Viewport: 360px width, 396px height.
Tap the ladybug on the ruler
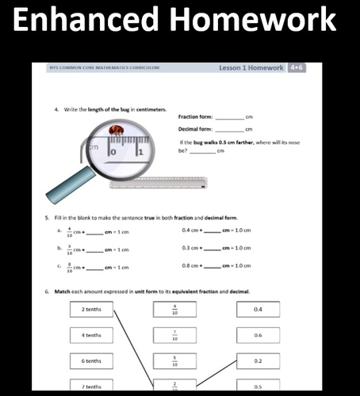(117, 129)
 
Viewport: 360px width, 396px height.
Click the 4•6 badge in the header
(297, 68)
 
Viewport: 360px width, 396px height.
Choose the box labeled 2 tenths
(90, 309)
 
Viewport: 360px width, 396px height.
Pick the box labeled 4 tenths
(90, 335)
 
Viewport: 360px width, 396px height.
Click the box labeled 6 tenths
(90, 360)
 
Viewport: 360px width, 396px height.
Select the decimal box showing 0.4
(258, 309)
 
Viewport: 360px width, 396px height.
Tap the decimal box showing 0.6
(258, 335)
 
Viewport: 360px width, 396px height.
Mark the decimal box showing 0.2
(258, 360)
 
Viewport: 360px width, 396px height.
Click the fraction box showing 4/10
(174, 309)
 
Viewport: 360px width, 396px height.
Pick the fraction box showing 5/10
(174, 360)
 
